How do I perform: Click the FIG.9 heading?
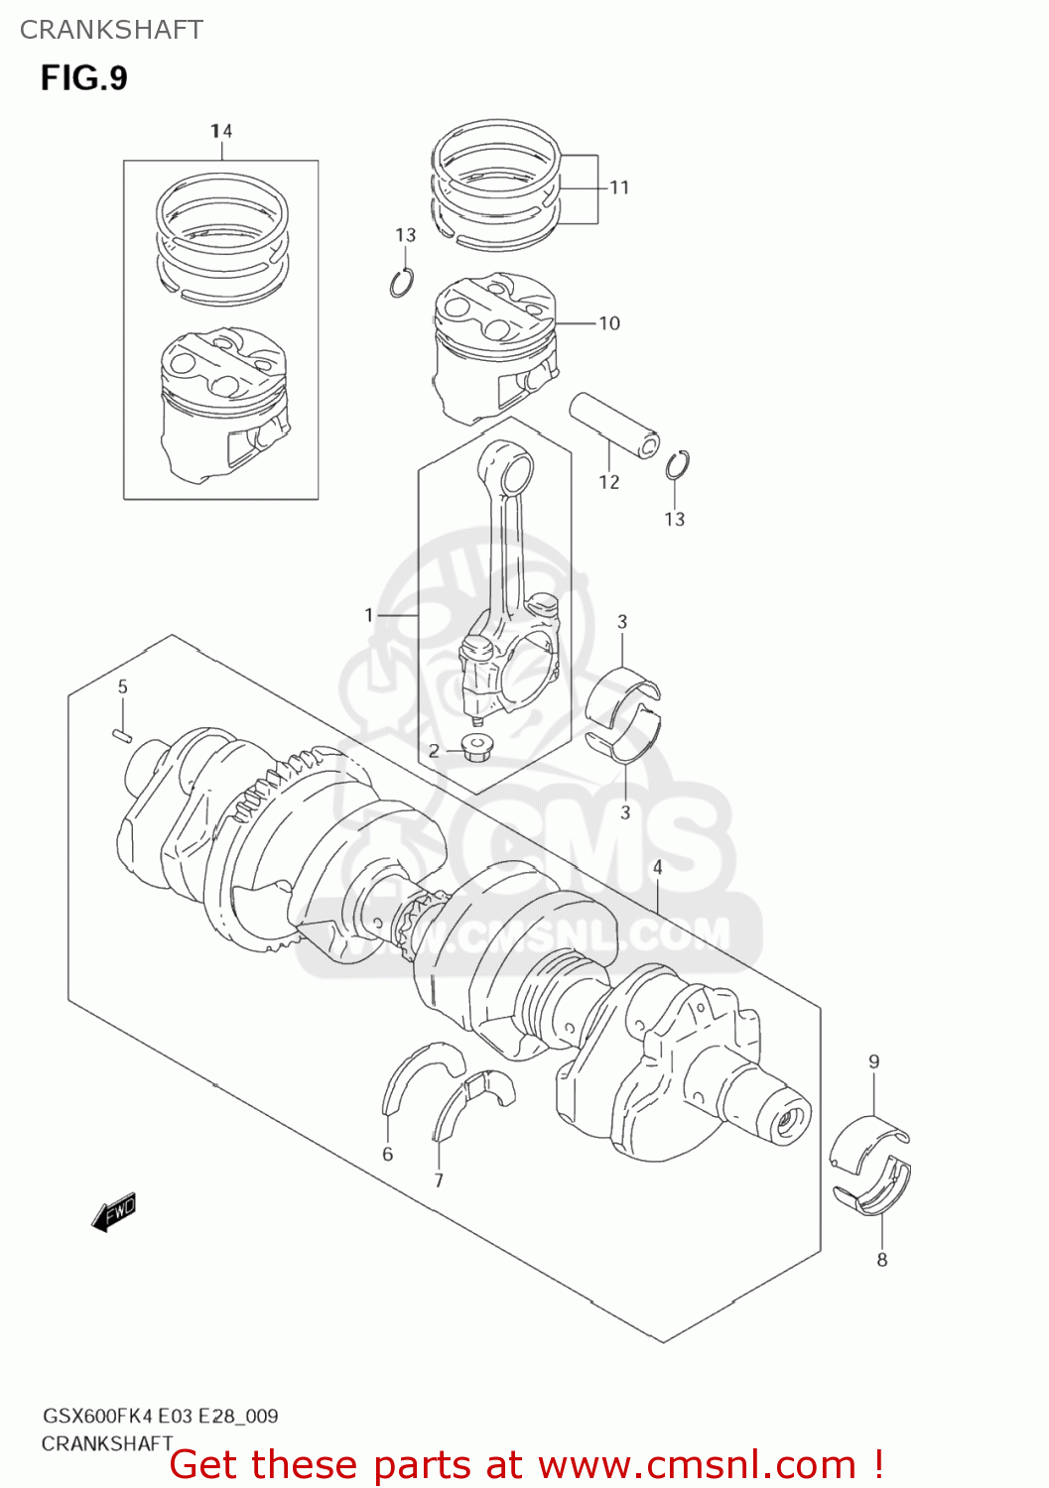tap(83, 78)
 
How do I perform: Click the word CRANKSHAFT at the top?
tap(111, 30)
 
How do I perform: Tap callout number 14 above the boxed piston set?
tap(221, 131)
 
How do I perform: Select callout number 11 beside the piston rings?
tap(619, 187)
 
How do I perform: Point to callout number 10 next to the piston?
tap(608, 323)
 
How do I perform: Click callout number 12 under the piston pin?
tap(608, 482)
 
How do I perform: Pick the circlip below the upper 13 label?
tap(402, 283)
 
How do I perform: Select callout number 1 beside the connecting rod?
tap(369, 615)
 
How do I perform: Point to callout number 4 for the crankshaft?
tap(657, 868)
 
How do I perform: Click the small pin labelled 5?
tap(123, 734)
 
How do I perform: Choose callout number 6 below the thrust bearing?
tap(387, 1154)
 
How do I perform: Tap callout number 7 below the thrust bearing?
tap(439, 1180)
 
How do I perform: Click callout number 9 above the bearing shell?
tap(873, 1061)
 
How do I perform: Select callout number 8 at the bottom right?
tap(881, 1260)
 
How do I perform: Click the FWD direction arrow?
tap(113, 1212)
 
